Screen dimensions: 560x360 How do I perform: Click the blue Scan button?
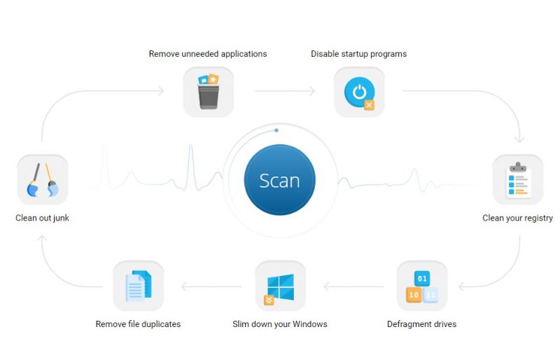279,180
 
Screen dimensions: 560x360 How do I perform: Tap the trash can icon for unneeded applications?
208,92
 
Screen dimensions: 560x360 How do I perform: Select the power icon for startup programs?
359,92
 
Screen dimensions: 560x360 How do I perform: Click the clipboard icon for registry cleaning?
518,180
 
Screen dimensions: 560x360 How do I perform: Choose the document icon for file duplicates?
139,286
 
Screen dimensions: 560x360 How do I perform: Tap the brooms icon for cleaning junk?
43,180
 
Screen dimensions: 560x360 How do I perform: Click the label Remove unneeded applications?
208,54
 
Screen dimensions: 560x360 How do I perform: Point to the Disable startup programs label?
358,54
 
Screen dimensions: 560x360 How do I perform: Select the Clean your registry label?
517,218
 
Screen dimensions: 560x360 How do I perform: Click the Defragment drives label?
422,324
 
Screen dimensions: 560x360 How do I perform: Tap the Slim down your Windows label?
279,324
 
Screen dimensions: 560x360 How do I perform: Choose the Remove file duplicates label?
138,324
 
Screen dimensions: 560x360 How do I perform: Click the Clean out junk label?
42,218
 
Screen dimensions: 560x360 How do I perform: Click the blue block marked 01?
422,279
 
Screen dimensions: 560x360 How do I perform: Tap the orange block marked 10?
414,295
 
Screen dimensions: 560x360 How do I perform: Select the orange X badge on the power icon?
370,105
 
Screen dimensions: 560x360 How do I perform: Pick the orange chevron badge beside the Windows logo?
269,300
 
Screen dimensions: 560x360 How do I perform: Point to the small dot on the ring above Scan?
276,130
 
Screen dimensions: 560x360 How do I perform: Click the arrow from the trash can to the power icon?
285,91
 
